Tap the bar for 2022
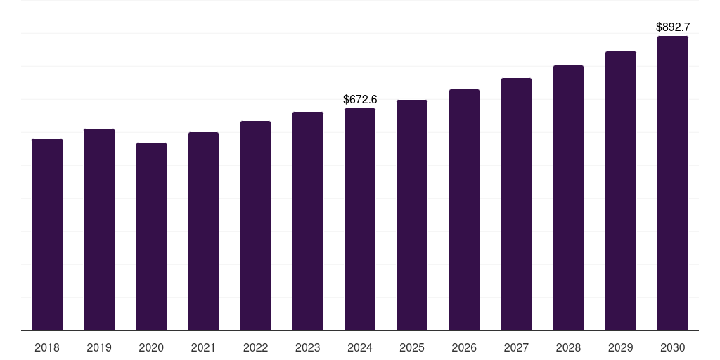255,226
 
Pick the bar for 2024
360,219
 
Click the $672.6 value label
360,99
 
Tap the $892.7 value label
673,27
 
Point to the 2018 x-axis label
47,347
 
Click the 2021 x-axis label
203,347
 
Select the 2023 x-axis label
308,347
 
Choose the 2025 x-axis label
412,347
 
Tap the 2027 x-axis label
516,347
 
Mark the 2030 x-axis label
673,347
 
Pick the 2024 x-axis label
360,347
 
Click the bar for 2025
412,215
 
